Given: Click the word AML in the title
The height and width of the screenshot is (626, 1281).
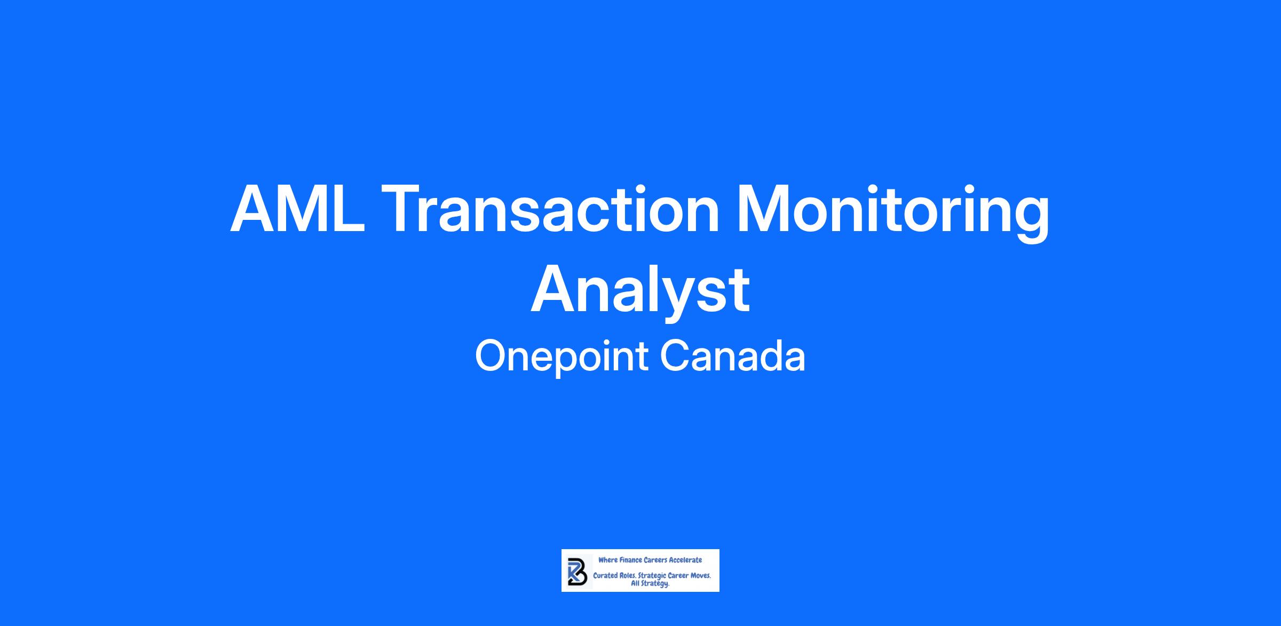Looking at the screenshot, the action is [x=298, y=209].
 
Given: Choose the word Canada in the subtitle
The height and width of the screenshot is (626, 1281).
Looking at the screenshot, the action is [x=733, y=356].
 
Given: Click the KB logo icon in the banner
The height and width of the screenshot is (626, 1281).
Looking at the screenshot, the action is [x=578, y=572].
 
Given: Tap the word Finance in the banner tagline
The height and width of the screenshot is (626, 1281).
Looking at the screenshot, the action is [x=631, y=560].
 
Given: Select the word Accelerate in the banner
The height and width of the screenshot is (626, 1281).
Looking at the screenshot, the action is [x=685, y=560].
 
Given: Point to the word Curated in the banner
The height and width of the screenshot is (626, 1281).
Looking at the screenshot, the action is [x=605, y=575].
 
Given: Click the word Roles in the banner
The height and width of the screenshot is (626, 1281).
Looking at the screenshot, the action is [x=627, y=575].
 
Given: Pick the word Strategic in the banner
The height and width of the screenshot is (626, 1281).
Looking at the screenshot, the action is [x=652, y=576].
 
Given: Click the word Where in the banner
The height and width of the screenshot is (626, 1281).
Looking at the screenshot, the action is [x=608, y=560].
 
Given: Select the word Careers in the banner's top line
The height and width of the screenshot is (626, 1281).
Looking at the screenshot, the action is [x=655, y=560].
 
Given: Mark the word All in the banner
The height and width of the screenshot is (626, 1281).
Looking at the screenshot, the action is [x=635, y=583].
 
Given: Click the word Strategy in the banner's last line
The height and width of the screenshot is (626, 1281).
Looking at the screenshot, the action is [x=655, y=584].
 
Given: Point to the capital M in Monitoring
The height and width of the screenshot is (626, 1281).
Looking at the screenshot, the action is [x=762, y=209].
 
